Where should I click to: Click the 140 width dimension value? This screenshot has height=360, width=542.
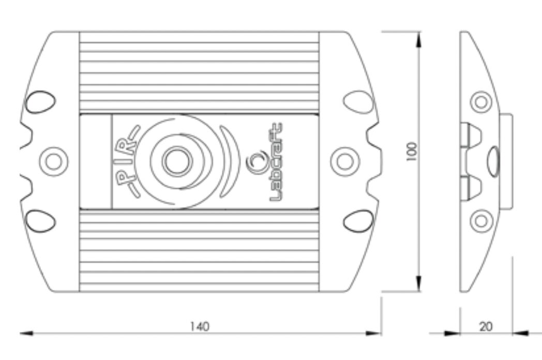(200, 326)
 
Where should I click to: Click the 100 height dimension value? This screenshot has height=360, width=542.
(412, 152)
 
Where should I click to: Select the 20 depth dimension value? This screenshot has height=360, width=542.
(486, 326)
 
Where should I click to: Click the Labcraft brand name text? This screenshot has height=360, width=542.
(276, 162)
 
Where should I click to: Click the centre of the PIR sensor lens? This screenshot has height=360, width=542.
(178, 161)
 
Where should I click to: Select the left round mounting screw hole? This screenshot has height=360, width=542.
(54, 161)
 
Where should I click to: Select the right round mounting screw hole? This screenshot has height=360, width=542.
(345, 161)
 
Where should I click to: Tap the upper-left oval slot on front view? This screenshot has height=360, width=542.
(40, 102)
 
